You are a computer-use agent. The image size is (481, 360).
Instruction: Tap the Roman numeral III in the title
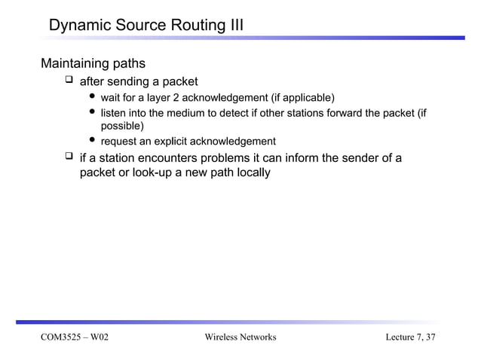(233, 27)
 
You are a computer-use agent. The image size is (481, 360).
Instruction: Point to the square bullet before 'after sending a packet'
(69, 81)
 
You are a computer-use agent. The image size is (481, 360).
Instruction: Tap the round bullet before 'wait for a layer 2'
(93, 97)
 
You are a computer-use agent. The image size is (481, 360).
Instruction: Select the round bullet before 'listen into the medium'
(93, 112)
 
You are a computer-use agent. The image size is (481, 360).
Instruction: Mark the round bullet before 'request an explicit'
(93, 141)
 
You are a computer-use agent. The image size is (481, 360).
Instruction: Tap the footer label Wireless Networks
(240, 337)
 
